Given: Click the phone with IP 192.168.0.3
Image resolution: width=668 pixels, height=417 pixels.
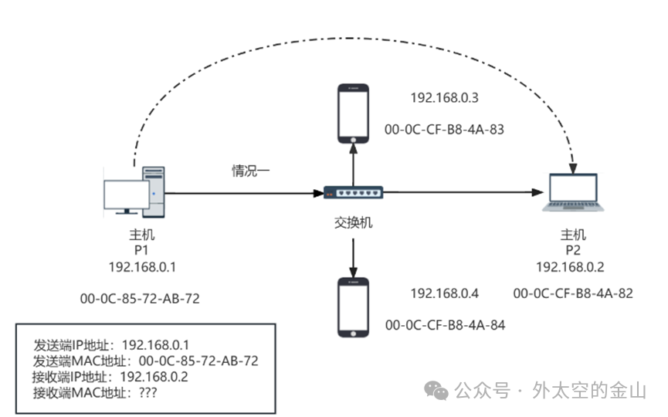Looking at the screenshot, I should coord(354,113).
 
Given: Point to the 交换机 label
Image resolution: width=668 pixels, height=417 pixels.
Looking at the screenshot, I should coord(354,222).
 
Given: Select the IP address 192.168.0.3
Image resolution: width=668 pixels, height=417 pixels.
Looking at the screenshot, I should coord(444,98).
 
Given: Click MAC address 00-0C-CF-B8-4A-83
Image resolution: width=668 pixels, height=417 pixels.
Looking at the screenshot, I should coord(444,130).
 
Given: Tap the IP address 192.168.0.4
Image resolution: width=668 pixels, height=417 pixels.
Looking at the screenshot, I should coord(444,293).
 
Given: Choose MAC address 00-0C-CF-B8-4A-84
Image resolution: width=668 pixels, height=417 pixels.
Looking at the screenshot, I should coord(444,325).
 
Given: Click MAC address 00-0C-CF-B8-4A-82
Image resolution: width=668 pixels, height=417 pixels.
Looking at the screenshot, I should coord(572,293).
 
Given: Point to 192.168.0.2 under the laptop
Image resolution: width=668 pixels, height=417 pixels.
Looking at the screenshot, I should coord(570,266).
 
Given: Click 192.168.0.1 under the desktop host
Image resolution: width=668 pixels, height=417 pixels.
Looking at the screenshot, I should coord(142,266).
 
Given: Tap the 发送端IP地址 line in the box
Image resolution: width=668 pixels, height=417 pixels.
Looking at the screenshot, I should coord(111,344).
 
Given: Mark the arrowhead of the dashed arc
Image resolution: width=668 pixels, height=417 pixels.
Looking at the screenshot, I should coord(572,164).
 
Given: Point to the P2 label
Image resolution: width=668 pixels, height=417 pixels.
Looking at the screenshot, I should coord(572,250).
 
